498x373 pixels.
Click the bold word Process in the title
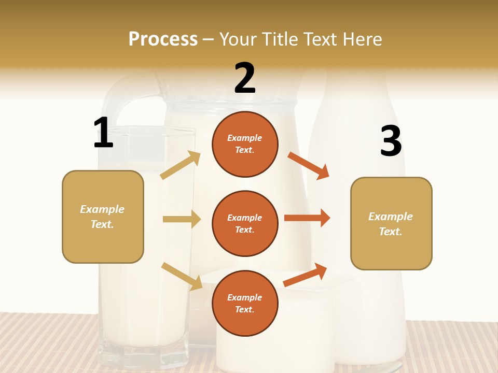pos(163,39)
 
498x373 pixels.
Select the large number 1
pos(103,133)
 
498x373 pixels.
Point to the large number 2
pos(245,78)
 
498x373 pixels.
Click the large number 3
pos(391,141)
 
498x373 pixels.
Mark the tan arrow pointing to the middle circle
pos(182,219)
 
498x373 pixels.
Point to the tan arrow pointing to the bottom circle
pos(182,276)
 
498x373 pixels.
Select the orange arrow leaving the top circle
pos(308,165)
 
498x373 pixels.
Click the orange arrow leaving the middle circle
pos(307,218)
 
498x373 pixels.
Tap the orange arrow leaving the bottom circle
pos(306,275)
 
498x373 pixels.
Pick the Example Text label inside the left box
pos(102,217)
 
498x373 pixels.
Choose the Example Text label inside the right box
pos(391,224)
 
